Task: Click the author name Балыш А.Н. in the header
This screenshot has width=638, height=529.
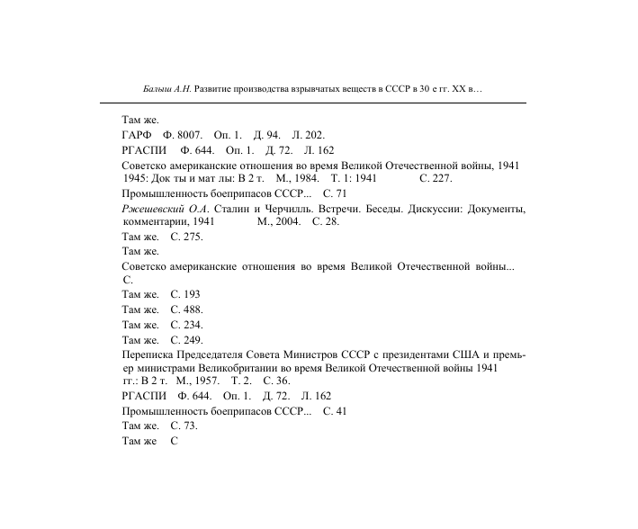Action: click(167, 90)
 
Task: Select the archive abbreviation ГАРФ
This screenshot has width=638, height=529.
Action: click(139, 135)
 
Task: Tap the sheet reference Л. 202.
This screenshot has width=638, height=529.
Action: click(309, 135)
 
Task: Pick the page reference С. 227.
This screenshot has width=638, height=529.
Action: click(436, 178)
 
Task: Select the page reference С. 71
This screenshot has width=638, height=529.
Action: click(336, 193)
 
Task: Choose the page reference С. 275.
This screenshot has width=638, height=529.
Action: click(186, 237)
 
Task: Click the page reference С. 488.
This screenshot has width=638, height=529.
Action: click(186, 309)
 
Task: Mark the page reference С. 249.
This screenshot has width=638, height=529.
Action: click(186, 340)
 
